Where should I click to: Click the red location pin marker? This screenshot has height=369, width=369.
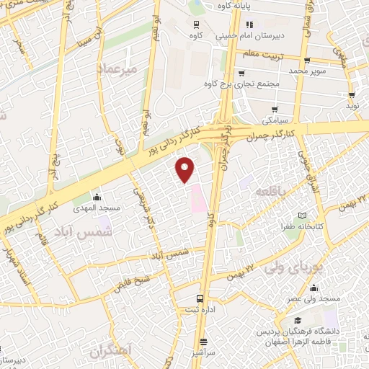[186, 169]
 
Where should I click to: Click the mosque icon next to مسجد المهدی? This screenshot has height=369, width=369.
[97, 197]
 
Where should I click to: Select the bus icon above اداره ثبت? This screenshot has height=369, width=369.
[200, 298]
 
